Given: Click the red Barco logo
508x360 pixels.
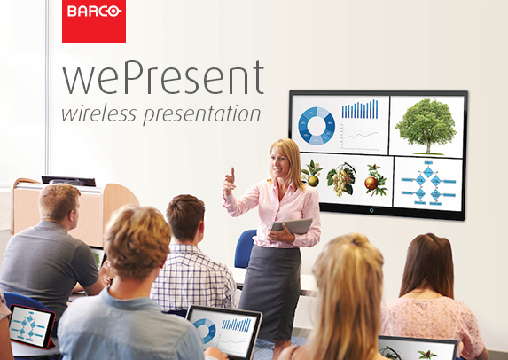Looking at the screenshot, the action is pyautogui.click(x=94, y=20).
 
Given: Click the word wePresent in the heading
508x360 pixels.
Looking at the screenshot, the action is pyautogui.click(x=163, y=77).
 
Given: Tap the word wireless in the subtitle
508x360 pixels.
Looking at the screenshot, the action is pyautogui.click(x=98, y=113).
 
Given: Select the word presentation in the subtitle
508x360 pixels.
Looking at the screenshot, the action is pyautogui.click(x=202, y=114).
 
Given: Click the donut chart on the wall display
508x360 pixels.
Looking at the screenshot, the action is pyautogui.click(x=317, y=125).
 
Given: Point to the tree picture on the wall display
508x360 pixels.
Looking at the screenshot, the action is pyautogui.click(x=426, y=127).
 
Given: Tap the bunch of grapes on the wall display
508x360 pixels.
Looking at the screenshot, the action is pyautogui.click(x=341, y=180).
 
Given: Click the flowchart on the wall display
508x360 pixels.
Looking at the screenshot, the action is pyautogui.click(x=428, y=183).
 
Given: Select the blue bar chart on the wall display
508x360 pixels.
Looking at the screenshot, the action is pyautogui.click(x=360, y=109).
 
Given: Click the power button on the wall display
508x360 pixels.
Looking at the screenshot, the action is pyautogui.click(x=371, y=211).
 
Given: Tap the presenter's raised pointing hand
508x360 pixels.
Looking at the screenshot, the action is pyautogui.click(x=229, y=182).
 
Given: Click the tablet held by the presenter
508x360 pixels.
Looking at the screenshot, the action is pyautogui.click(x=291, y=226).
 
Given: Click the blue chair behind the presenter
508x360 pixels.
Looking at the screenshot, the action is pyautogui.click(x=245, y=248).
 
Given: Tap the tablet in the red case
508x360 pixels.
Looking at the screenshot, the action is pyautogui.click(x=32, y=326).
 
